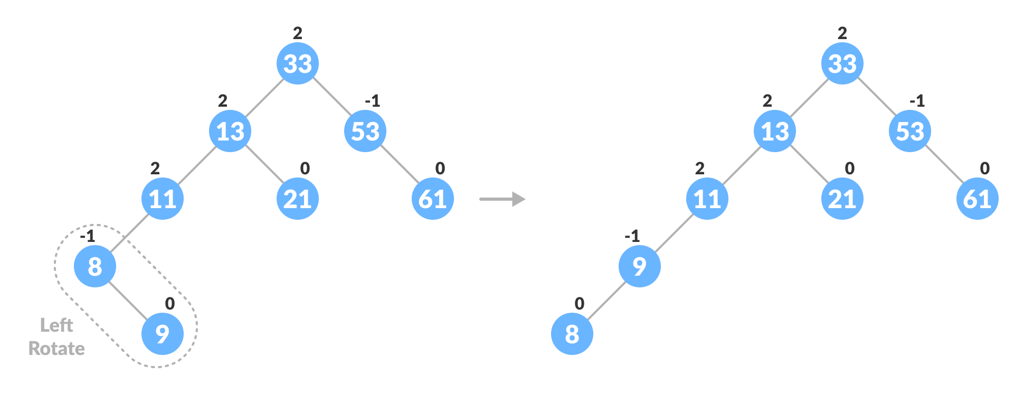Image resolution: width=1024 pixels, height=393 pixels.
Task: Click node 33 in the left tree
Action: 298,63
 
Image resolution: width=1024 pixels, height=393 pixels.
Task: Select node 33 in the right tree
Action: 842,63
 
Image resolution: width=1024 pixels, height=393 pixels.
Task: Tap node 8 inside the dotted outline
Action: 95,266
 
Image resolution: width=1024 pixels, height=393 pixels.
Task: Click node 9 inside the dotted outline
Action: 163,334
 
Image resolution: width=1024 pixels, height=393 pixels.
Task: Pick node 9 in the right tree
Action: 640,266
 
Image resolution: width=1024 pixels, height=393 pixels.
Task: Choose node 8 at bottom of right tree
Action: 572,334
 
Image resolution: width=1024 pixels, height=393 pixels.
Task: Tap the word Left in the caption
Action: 56,325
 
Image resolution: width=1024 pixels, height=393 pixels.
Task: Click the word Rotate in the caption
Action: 56,349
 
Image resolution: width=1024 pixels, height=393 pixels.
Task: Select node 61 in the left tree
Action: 433,199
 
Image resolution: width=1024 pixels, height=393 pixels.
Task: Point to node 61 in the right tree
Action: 978,199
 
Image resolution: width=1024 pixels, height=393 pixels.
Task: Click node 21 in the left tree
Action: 298,199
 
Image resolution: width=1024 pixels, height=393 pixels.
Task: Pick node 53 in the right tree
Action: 910,131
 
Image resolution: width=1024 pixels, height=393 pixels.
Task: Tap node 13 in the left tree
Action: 230,131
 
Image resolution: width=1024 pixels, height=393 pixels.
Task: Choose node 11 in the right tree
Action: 707,199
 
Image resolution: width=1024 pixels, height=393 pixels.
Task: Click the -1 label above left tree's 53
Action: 373,101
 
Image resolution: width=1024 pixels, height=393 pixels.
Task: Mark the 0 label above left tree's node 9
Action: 169,304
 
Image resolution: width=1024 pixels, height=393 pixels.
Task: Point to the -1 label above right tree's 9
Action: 632,236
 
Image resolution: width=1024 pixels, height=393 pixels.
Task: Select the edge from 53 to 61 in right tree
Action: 944,165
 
